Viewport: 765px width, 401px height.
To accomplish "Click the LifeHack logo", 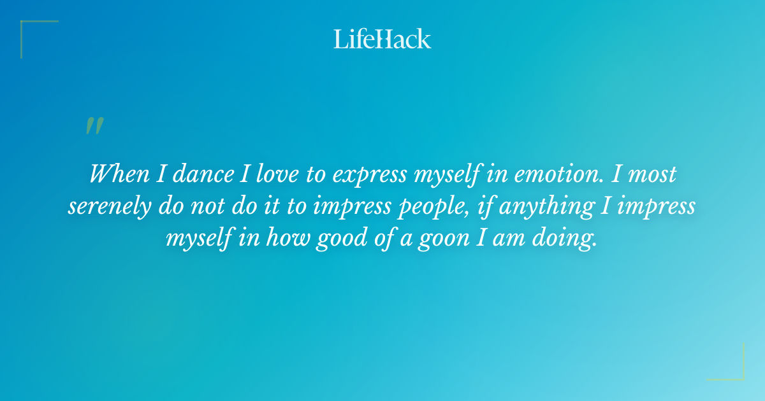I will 382,39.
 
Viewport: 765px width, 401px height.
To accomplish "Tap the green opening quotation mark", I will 94,126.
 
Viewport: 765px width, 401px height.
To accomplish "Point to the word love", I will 269,174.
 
